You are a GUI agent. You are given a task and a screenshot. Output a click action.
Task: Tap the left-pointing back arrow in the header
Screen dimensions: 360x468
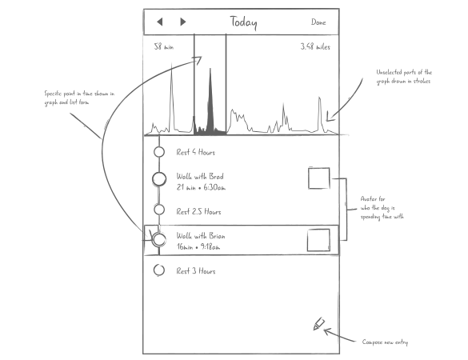pyautogui.click(x=159, y=22)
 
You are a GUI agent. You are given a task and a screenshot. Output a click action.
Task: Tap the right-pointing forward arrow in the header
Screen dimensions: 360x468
pyautogui.click(x=183, y=22)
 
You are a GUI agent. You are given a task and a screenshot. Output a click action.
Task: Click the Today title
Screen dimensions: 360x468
pyautogui.click(x=243, y=22)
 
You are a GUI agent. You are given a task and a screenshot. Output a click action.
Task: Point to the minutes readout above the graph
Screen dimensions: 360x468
pyautogui.click(x=163, y=46)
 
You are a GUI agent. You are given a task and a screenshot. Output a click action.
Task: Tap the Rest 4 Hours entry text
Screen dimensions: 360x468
pyautogui.click(x=197, y=151)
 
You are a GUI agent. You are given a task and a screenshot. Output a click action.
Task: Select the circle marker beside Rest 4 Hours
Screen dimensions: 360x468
pyautogui.click(x=158, y=151)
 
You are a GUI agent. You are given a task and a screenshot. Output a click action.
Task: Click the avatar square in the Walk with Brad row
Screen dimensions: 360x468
pyautogui.click(x=319, y=178)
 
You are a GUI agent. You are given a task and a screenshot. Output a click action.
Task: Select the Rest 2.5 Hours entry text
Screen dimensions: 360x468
pyautogui.click(x=199, y=211)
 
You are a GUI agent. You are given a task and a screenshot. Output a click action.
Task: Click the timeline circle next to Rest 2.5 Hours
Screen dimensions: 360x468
pyautogui.click(x=158, y=210)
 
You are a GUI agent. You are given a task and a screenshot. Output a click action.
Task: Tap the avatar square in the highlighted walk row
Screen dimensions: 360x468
pyautogui.click(x=319, y=240)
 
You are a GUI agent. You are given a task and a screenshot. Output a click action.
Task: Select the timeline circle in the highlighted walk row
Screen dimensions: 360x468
pyautogui.click(x=158, y=238)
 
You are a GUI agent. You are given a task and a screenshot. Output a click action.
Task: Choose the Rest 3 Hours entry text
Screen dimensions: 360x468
pyautogui.click(x=197, y=270)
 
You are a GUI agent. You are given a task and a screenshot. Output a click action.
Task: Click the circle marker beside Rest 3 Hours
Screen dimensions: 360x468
pyautogui.click(x=158, y=270)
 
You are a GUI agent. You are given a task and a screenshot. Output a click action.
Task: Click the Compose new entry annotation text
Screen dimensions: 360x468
pyautogui.click(x=385, y=342)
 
